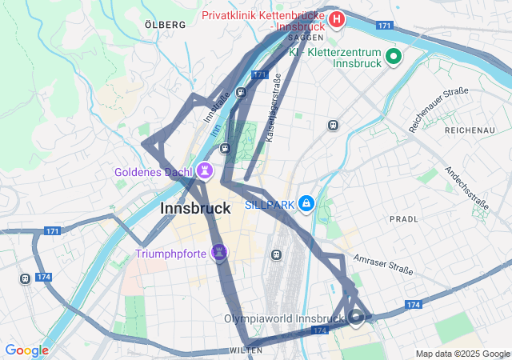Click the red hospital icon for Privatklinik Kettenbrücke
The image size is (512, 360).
337,18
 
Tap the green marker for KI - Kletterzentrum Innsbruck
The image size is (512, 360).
393,56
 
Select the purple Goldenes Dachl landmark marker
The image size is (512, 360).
206,170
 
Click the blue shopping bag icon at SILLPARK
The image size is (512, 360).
306,205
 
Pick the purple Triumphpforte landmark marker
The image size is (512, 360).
219,254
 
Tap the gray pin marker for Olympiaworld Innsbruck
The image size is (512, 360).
356,318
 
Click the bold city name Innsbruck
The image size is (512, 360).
196,208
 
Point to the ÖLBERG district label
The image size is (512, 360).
165,25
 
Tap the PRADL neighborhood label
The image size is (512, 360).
403,218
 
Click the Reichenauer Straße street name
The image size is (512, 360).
438,110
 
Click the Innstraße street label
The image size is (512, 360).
216,106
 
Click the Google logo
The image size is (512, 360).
26,350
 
